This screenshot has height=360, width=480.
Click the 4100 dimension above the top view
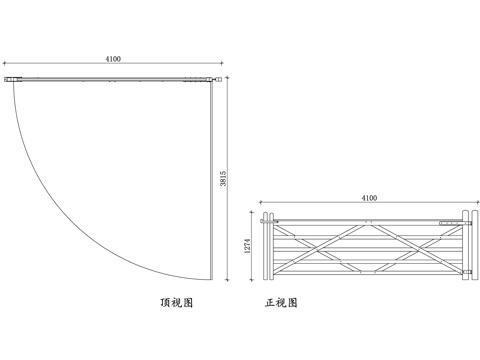114,60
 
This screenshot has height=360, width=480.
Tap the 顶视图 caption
176,302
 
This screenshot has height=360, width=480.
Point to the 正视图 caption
281,302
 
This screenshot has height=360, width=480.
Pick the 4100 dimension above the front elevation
368,198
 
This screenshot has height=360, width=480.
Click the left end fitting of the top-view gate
12,79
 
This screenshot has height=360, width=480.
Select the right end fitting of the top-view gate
211,77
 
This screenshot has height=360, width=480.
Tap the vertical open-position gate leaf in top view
212,180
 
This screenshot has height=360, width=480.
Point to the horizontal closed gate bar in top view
110,78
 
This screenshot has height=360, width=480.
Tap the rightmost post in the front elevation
468,246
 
